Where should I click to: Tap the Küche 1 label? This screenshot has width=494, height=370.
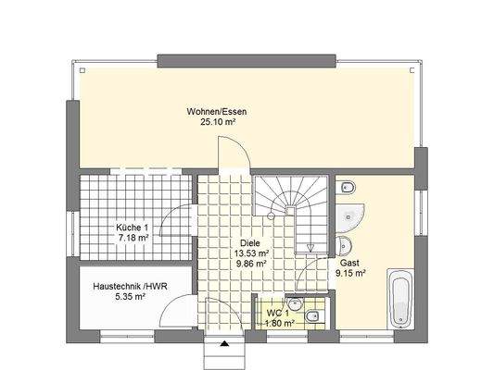pos(132,228)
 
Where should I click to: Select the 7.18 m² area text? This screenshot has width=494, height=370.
pos(132,239)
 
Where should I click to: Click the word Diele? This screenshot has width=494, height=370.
pos(249,241)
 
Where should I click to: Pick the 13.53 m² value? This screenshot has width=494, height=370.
pos(249,253)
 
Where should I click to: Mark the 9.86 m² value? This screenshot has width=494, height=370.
pos(249,264)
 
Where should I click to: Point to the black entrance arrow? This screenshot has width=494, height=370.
pos(222,344)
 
